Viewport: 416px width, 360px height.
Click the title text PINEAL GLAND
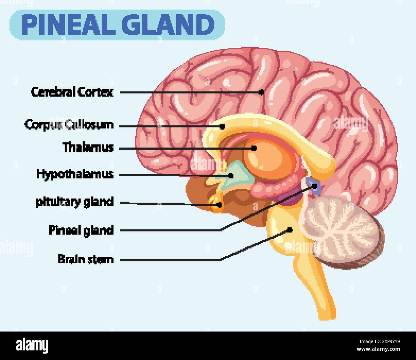(118, 25)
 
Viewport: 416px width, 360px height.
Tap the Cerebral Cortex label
(72, 92)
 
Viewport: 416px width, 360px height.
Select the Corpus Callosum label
(69, 124)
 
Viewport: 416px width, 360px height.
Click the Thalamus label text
(88, 148)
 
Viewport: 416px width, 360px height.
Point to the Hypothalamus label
(75, 174)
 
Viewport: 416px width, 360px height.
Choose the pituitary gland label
(75, 202)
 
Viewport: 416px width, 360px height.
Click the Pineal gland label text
(81, 230)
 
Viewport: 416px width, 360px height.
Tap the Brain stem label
(86, 259)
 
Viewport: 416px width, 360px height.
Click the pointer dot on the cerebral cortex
(261, 92)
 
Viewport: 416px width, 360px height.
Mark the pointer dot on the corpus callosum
(222, 126)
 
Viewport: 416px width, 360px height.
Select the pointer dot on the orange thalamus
(254, 148)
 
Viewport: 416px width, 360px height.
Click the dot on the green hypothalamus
(231, 175)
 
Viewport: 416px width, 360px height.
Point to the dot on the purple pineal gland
(315, 185)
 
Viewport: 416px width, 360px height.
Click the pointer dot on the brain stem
(290, 229)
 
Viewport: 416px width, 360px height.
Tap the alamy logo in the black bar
(32, 346)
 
